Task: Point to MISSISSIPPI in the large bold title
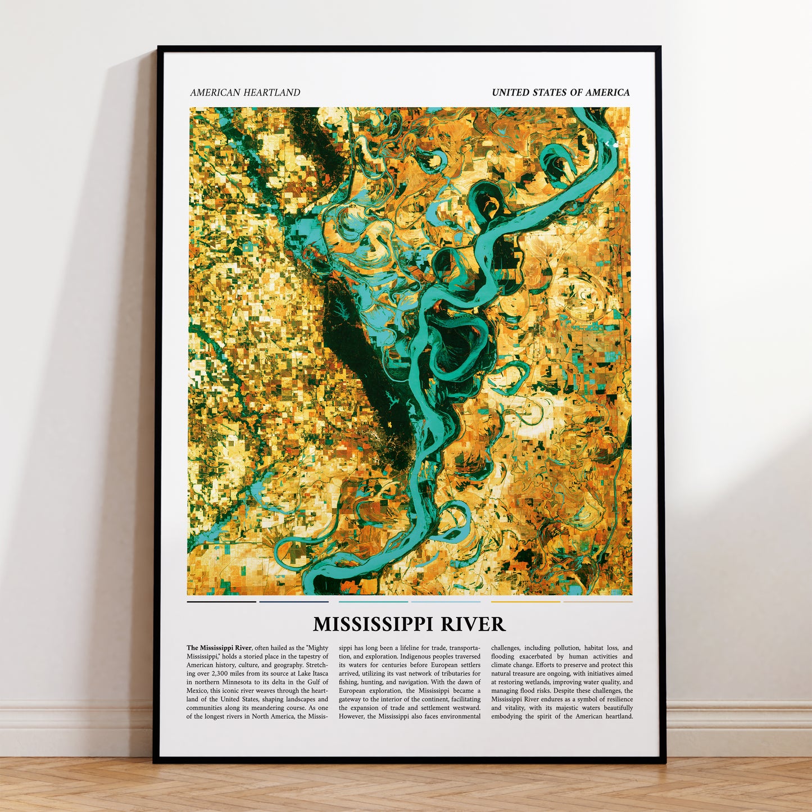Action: click(374, 624)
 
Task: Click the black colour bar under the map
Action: click(221, 602)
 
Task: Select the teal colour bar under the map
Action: click(373, 602)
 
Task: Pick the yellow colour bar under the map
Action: click(525, 602)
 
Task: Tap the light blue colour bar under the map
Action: click(446, 602)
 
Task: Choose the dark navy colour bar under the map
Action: click(294, 602)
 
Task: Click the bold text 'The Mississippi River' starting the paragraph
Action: click(219, 648)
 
